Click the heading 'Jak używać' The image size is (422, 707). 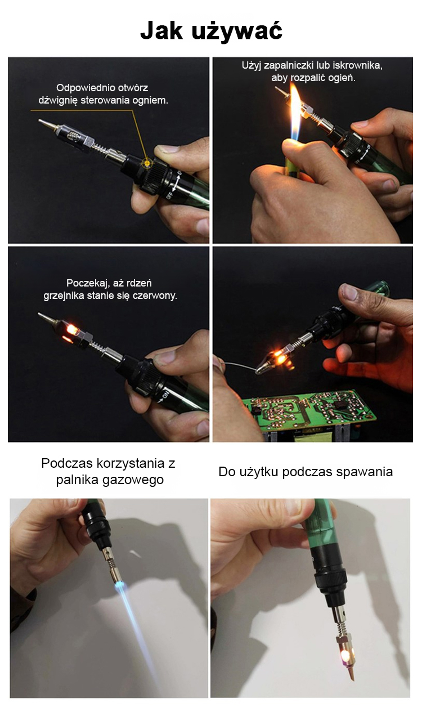[211, 31]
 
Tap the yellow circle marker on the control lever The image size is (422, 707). [147, 162]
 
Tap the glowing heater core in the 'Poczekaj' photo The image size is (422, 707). [71, 330]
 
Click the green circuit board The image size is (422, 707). [309, 410]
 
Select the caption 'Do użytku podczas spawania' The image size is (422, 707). [306, 472]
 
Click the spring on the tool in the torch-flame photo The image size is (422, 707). [110, 565]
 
